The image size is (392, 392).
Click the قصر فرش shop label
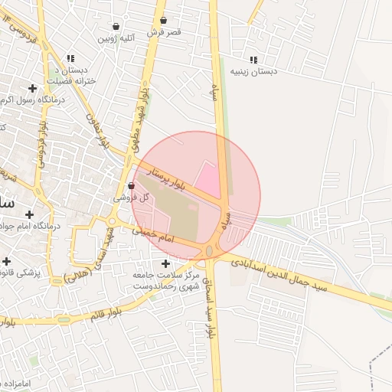pos(164,32)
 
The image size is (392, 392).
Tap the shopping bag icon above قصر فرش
pos(163,21)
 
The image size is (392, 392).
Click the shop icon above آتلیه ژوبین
pos(116,26)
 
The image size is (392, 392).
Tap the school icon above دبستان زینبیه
pos(253,60)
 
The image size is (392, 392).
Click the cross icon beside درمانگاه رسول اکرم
pos(32,88)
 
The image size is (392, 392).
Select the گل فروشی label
pos(131,197)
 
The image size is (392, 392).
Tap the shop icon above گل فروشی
pos(131,185)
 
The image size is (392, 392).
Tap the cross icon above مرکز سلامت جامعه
pos(166,263)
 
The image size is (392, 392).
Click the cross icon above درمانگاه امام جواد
pos(30,214)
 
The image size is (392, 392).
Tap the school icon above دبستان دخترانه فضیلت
pos(70,58)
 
